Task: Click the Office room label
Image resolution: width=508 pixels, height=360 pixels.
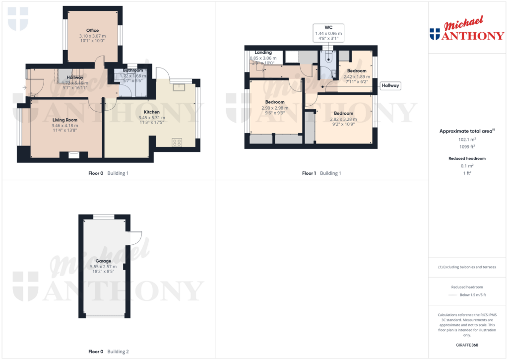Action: coord(92,30)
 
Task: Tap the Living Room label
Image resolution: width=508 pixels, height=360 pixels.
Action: coord(65,120)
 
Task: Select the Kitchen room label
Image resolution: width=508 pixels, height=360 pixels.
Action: coord(152,112)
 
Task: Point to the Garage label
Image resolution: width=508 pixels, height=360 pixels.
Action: coord(104,261)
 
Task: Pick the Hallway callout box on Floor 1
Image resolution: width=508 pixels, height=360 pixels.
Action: coord(390,86)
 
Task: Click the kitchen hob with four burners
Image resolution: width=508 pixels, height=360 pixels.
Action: coord(177,143)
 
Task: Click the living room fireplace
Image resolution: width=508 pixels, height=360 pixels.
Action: coord(73,155)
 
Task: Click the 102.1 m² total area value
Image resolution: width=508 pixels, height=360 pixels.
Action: coord(466,140)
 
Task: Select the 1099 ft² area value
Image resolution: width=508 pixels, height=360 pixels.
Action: coord(466,146)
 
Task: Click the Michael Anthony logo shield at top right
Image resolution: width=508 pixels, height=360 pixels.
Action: coord(435,34)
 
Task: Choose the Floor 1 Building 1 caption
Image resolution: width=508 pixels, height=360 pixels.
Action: coord(321,173)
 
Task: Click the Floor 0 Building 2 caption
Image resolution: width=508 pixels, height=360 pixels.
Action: coord(108,352)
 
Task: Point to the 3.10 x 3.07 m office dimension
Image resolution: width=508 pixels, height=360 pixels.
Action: coord(92,36)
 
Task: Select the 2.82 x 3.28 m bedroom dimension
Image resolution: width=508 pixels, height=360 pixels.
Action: coord(343,119)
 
